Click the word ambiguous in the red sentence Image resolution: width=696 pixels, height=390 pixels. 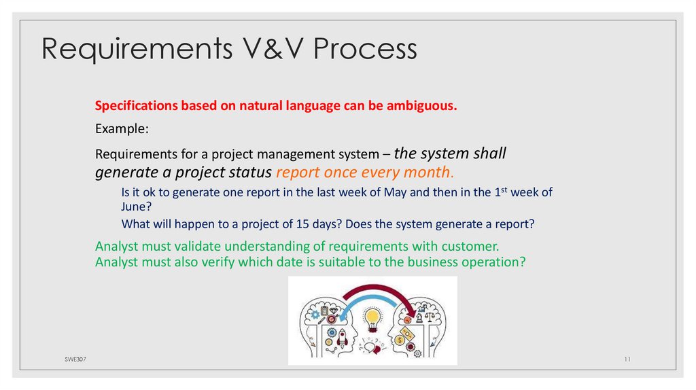(x=421, y=106)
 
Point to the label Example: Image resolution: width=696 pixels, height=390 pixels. (x=122, y=128)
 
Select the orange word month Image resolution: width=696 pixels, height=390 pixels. (x=428, y=172)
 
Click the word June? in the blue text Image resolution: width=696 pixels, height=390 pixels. (x=137, y=207)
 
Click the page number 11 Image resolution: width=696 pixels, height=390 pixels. (x=627, y=359)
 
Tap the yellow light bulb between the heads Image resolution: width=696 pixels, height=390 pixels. (x=371, y=318)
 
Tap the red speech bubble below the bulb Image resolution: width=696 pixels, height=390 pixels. (x=371, y=347)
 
